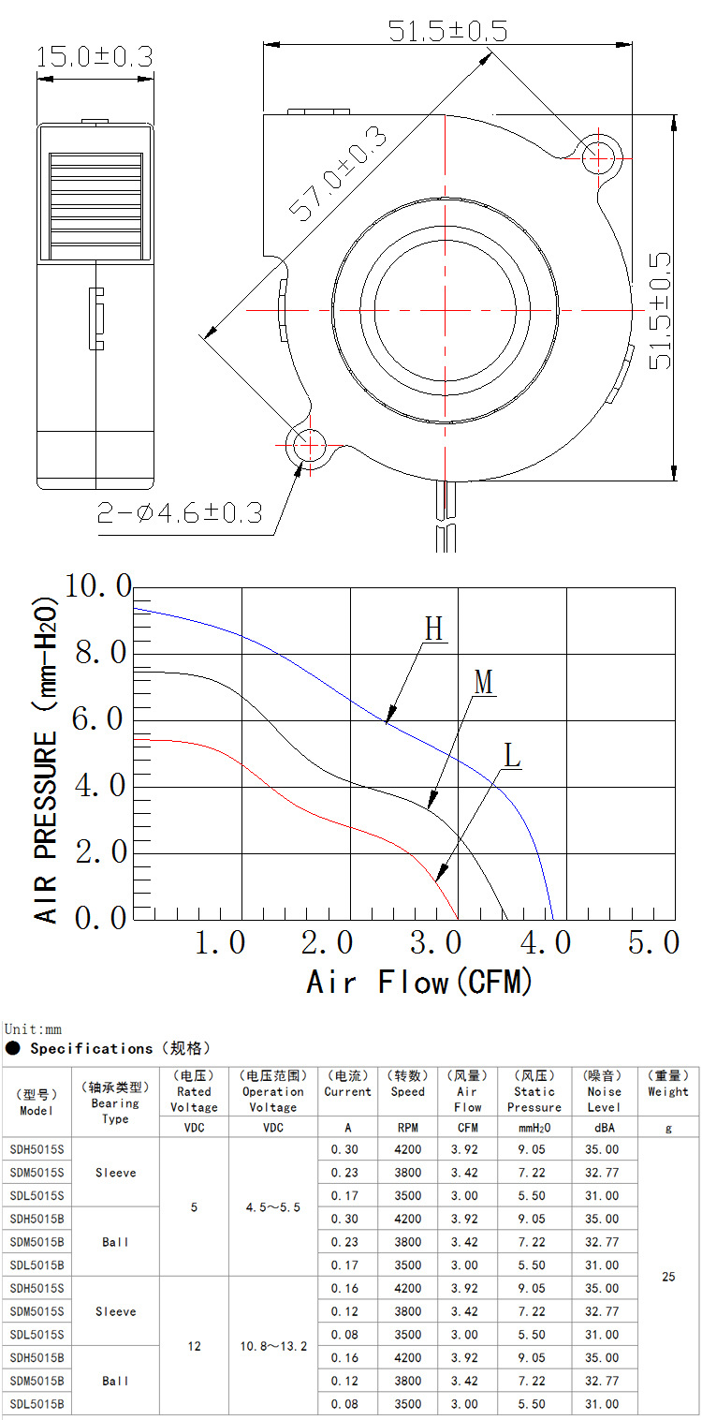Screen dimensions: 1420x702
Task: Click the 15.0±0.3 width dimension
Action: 94,56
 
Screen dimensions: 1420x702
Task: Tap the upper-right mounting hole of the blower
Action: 598,155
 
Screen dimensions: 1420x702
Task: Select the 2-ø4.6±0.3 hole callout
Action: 179,513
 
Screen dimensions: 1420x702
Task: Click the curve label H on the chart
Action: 433,629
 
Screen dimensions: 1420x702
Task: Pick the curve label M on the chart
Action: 483,682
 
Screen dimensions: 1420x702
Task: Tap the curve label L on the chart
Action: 511,755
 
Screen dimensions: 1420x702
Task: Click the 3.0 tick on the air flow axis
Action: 435,942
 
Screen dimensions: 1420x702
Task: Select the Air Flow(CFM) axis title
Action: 419,982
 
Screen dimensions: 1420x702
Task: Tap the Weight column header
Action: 667,1084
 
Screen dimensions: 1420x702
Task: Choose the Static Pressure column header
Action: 534,1091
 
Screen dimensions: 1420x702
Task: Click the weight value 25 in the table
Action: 668,1277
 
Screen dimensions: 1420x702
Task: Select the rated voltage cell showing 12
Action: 194,1346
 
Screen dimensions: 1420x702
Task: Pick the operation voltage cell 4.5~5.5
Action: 272,1207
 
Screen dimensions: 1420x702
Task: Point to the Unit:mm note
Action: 32,1029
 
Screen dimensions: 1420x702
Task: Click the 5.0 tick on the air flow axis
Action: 653,942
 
